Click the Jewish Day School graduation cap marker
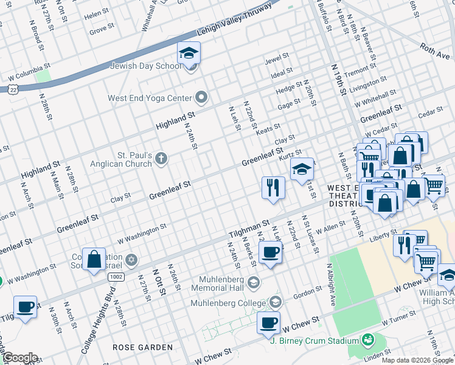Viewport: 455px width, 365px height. [x=189, y=54]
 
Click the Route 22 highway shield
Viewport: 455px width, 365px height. [x=13, y=89]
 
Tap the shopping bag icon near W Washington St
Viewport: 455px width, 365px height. [x=94, y=260]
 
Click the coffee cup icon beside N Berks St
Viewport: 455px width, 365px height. [x=270, y=252]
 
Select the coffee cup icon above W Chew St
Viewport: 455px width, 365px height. [x=268, y=323]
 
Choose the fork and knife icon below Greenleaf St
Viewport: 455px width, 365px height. [x=273, y=187]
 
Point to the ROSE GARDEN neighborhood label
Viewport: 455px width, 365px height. [x=143, y=347]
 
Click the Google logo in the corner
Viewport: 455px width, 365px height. [x=19, y=358]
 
